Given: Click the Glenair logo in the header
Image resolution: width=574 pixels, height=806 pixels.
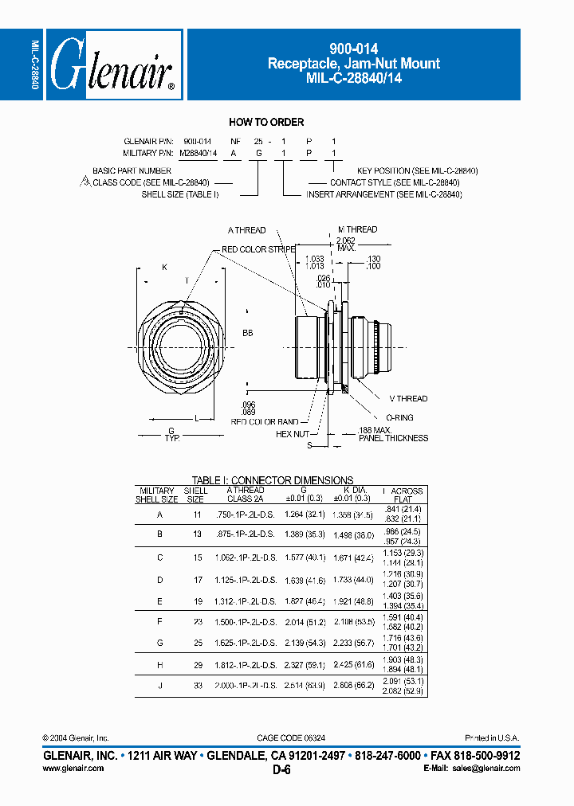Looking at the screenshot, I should click(114, 65).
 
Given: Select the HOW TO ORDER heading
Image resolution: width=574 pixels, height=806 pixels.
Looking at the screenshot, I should click(266, 122).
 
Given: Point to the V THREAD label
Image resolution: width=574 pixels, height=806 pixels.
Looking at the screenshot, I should click(408, 398).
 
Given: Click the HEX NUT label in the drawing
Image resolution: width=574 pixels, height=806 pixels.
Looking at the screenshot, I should click(292, 434).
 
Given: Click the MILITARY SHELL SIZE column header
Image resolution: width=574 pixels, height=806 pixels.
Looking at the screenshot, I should click(156, 495).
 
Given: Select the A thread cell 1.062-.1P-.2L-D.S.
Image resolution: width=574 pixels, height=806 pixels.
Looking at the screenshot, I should click(246, 558).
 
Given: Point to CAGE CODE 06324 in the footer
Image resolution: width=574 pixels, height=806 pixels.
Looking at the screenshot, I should click(287, 738).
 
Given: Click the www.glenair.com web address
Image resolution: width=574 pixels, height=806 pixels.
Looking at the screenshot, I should click(72, 769).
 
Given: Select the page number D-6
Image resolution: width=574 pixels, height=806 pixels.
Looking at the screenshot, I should click(281, 770).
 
